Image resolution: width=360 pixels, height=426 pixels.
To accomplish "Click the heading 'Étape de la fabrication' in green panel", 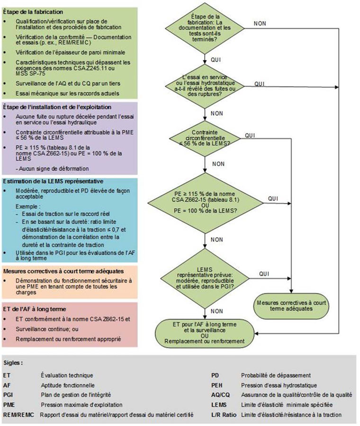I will [33, 11].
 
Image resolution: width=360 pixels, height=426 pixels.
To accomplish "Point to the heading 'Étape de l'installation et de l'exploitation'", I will [57, 107].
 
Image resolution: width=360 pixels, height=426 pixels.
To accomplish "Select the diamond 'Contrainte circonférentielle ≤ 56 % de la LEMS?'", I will [205, 138].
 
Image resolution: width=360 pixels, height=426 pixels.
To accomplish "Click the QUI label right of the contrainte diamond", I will [250, 135].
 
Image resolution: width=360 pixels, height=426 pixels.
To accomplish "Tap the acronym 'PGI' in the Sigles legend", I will [9, 395].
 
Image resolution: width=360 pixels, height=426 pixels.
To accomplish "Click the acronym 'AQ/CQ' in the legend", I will [221, 395].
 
